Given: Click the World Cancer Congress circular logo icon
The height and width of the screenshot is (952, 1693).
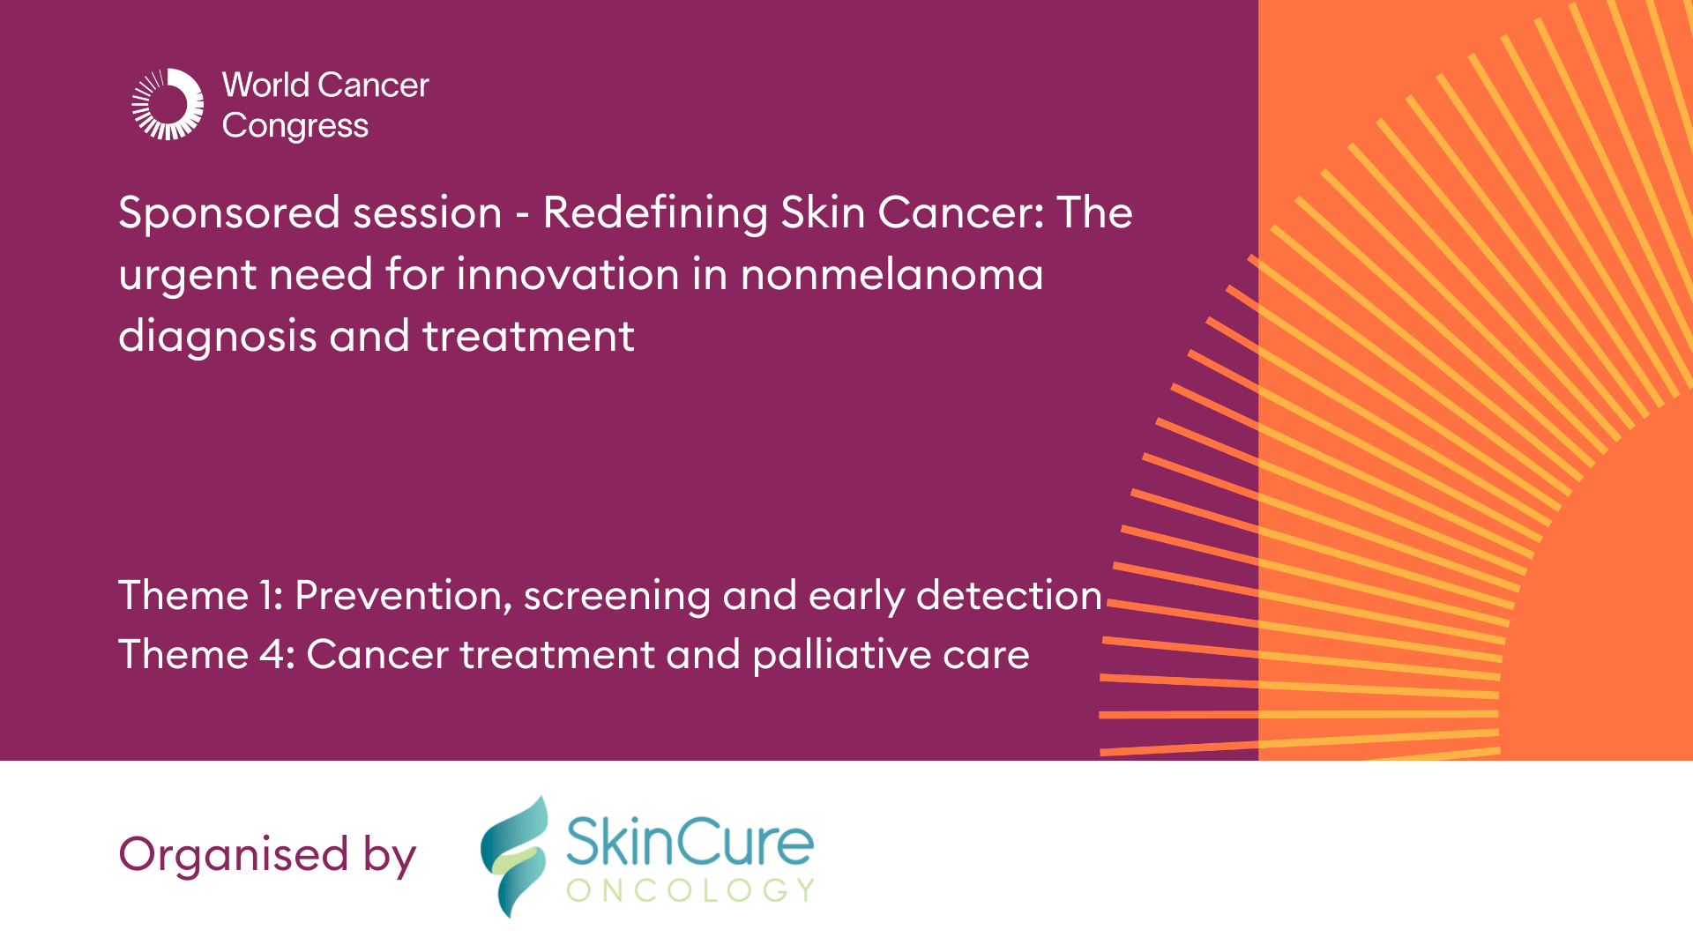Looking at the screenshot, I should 168,104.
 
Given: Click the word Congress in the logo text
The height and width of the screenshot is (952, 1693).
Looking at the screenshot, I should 295,127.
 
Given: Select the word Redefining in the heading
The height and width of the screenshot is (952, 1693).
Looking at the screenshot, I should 654,213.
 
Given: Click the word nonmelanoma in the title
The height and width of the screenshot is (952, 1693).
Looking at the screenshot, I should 891,274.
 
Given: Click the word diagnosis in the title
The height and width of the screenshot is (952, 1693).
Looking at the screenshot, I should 217,337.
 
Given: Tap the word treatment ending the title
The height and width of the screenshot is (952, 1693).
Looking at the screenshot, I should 528,337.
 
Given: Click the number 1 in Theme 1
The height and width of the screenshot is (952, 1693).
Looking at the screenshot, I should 268,596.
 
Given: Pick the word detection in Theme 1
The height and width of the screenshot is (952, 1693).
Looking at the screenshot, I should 1009,596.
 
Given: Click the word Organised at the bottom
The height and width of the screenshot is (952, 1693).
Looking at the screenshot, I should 234,855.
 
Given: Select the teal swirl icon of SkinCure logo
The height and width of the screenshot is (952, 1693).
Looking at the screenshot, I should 513,856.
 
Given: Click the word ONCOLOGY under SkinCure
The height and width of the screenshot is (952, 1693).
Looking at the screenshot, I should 690,890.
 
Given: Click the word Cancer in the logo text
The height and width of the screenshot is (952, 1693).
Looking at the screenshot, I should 373,86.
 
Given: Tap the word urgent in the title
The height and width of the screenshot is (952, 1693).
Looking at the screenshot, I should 186,276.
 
